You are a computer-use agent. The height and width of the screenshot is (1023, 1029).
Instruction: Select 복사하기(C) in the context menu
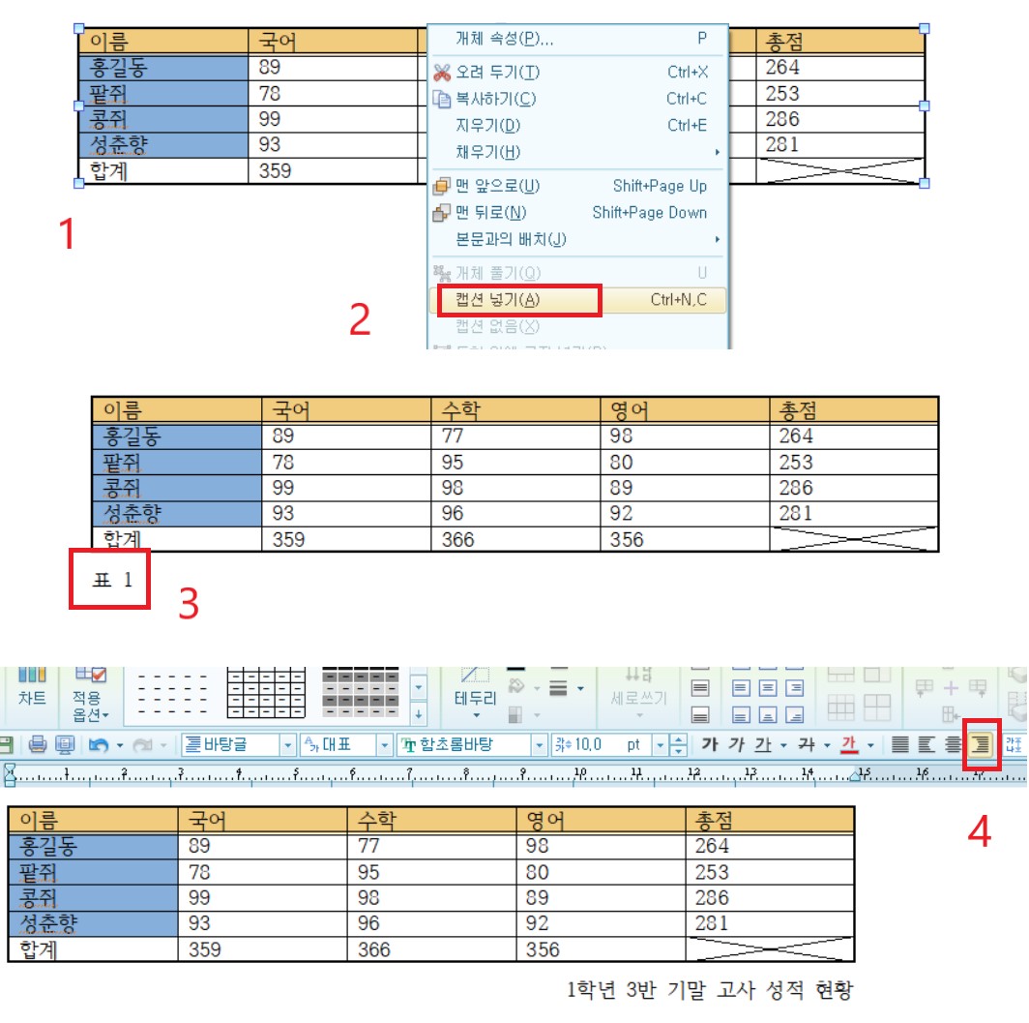tap(496, 99)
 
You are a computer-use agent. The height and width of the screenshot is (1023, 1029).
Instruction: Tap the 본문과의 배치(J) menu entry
tap(511, 239)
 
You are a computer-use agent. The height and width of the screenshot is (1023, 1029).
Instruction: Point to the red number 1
tap(67, 233)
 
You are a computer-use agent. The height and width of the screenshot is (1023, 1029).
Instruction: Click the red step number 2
tap(360, 320)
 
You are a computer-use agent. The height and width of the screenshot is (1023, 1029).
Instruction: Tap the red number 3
tap(189, 603)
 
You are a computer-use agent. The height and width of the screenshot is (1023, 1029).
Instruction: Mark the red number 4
tap(980, 830)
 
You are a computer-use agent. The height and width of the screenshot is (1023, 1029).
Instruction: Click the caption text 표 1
tap(110, 580)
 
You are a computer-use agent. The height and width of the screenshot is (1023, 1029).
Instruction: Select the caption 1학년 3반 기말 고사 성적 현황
tap(710, 990)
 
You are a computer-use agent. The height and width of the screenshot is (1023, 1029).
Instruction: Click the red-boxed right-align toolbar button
tap(981, 744)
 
